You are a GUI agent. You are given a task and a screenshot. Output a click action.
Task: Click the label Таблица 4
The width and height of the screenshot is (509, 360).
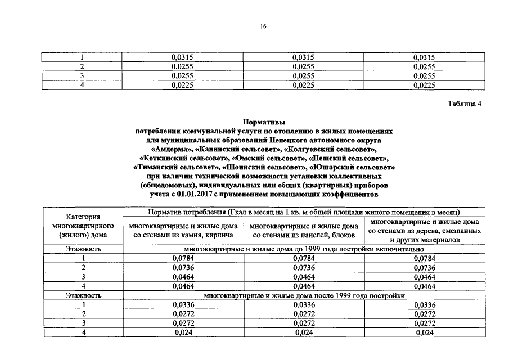tap(464, 104)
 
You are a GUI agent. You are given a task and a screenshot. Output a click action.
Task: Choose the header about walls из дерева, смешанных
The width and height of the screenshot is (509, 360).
tap(425, 231)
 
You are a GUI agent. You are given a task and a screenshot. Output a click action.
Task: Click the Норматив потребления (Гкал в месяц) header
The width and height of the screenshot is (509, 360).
tap(304, 212)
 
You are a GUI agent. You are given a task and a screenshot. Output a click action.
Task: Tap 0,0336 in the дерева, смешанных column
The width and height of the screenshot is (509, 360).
tap(425, 304)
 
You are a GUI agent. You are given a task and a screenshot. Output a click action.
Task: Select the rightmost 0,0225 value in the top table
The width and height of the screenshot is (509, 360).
tap(425, 85)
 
